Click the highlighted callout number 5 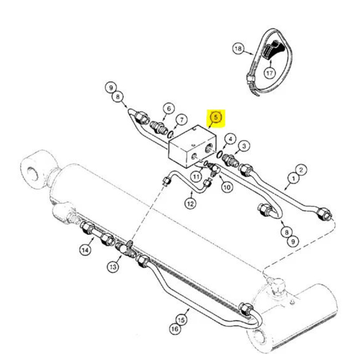[x=216, y=117]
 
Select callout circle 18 [x=238, y=49]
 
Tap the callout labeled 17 [x=269, y=73]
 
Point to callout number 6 [x=169, y=108]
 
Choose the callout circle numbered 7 [x=181, y=120]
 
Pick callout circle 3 [x=244, y=146]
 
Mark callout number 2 [x=301, y=170]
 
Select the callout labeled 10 [x=227, y=187]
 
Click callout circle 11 [x=196, y=177]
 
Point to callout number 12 [x=190, y=203]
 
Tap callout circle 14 [x=85, y=250]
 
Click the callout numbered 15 [x=181, y=320]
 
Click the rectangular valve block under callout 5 [x=192, y=147]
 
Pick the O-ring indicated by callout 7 [x=171, y=135]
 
